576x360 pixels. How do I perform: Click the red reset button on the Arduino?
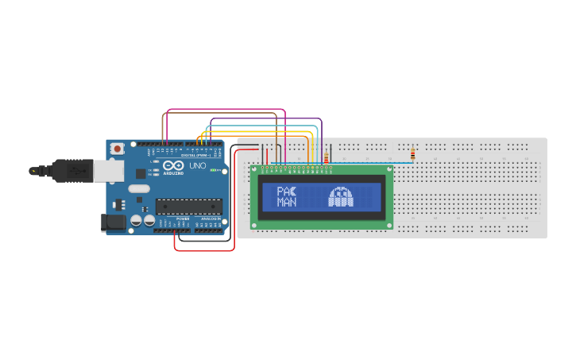click(118, 149)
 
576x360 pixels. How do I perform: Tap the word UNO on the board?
click(197, 166)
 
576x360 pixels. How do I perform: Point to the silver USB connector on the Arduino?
click(107, 170)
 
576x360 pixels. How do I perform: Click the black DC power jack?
click(114, 223)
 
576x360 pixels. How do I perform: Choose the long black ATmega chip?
click(188, 207)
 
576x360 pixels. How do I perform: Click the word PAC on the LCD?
click(286, 192)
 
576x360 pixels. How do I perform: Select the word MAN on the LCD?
click(286, 203)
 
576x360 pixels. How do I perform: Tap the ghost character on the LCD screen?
click(341, 197)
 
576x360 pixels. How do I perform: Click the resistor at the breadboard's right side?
click(412, 154)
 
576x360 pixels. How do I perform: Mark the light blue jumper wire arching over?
click(262, 125)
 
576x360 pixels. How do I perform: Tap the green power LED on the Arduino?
click(212, 169)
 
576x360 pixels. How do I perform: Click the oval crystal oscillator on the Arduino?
click(138, 189)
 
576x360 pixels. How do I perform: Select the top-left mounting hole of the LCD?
click(255, 169)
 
